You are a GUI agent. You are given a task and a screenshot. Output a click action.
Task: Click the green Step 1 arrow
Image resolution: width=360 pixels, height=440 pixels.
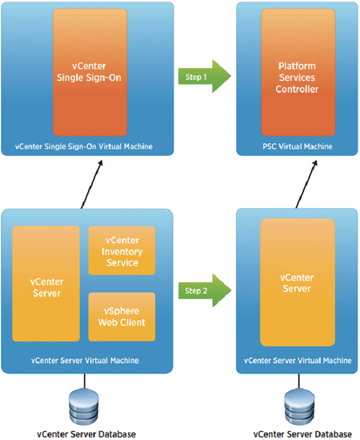[x=204, y=76]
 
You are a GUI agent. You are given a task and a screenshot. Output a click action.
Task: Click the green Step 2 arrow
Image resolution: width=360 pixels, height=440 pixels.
[x=205, y=290]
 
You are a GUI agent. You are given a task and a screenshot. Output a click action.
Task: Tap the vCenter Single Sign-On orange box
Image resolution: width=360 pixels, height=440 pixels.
[x=90, y=72]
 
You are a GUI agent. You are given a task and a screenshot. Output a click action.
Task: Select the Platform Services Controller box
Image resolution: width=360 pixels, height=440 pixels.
[x=298, y=72]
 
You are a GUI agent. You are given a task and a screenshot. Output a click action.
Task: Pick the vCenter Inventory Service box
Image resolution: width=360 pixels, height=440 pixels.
[x=122, y=250]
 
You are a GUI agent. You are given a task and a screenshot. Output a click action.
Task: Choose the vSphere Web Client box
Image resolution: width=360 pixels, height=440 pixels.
[x=122, y=317]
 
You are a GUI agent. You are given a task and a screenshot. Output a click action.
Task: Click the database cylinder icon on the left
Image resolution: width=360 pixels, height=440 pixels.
[x=84, y=407]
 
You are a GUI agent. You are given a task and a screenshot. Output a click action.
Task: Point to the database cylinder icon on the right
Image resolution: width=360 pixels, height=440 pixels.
[x=299, y=407]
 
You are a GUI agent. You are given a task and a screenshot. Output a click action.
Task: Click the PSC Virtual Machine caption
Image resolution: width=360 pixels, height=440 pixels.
[x=298, y=146]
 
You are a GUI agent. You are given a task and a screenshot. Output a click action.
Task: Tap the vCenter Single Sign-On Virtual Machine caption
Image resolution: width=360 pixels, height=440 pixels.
[x=84, y=146]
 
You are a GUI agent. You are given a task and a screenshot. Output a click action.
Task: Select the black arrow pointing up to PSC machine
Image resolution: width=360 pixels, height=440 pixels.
[x=306, y=184]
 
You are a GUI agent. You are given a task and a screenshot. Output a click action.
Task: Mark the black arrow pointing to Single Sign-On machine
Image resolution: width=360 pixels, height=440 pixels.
[x=92, y=184]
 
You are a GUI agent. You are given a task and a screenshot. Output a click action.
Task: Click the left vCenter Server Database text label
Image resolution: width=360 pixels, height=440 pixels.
[x=86, y=434]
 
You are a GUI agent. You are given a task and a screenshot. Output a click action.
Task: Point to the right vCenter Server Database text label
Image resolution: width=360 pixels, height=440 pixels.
[x=302, y=434]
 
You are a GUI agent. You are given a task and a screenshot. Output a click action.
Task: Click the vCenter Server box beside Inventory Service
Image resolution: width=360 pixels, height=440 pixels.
[x=46, y=284]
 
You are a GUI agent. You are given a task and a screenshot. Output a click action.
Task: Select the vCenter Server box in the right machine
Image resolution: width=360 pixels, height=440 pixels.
[x=298, y=282]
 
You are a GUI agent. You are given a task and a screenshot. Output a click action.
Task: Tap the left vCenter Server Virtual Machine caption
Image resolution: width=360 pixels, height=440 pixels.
[x=85, y=360]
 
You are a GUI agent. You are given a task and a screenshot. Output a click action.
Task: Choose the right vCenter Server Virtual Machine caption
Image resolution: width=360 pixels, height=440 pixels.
[x=298, y=360]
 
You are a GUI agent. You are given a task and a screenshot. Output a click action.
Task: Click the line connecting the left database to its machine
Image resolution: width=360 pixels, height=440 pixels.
[x=85, y=382]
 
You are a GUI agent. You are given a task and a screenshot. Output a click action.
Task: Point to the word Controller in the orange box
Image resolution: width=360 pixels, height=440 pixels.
[x=297, y=90]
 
